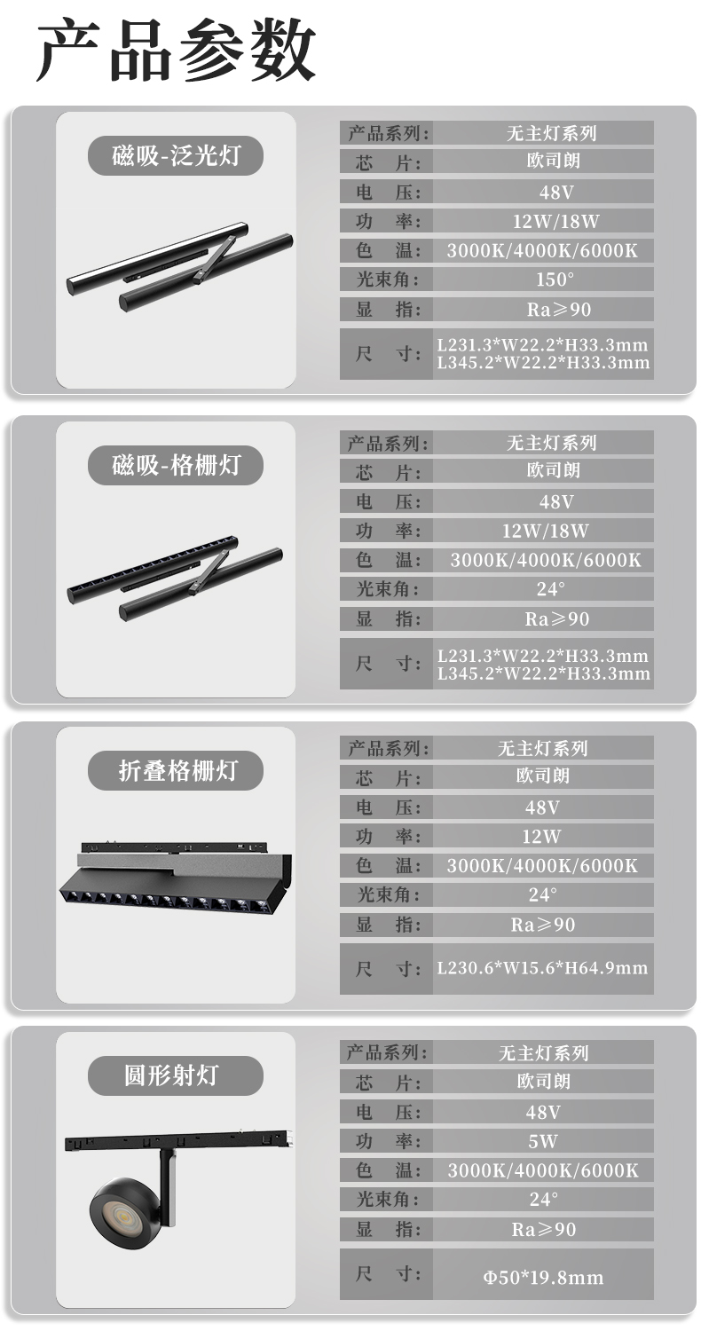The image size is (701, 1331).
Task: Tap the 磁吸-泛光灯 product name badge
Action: (176, 155)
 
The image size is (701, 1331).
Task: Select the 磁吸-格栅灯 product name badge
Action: (176, 465)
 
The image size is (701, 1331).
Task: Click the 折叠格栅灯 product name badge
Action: (176, 771)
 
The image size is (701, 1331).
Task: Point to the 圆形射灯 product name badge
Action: (176, 1075)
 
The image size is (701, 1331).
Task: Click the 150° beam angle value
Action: (555, 280)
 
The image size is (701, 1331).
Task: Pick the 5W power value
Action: (543, 1141)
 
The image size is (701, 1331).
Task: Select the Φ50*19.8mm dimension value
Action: (543, 1277)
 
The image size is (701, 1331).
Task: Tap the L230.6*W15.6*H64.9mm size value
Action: (542, 968)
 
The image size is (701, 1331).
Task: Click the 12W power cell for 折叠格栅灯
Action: (542, 837)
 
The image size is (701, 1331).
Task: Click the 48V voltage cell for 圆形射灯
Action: (543, 1113)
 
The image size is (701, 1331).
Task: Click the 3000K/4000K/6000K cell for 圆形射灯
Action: (543, 1170)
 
